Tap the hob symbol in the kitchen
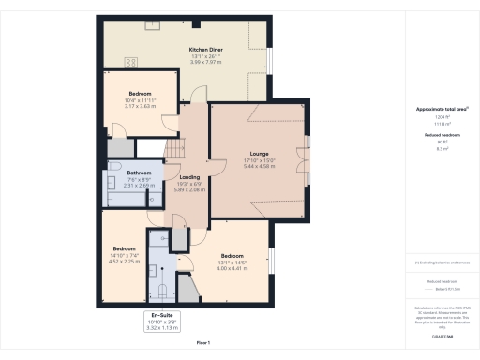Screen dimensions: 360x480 pyautogui.click(x=131, y=62)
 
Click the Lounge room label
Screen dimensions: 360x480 pyautogui.click(x=259, y=153)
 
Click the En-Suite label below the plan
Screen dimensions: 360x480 pyautogui.click(x=162, y=315)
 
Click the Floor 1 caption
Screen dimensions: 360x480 pyautogui.click(x=202, y=343)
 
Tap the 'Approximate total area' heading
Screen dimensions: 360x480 pyautogui.click(x=435, y=110)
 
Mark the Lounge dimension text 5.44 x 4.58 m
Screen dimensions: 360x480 pyautogui.click(x=260, y=166)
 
